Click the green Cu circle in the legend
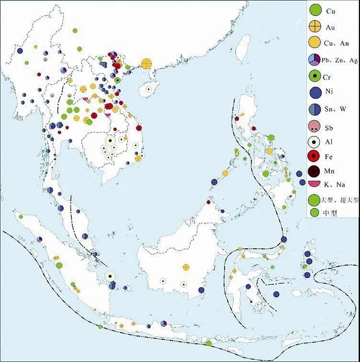(x=315, y=9)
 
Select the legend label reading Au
(x=330, y=26)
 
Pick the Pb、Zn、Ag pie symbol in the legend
(x=314, y=60)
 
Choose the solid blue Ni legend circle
(x=315, y=93)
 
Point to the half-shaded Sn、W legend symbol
(x=315, y=109)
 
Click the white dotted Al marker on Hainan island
(x=148, y=89)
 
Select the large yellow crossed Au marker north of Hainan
(x=147, y=63)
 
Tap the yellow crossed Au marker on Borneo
(x=186, y=267)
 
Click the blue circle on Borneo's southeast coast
(x=202, y=290)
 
